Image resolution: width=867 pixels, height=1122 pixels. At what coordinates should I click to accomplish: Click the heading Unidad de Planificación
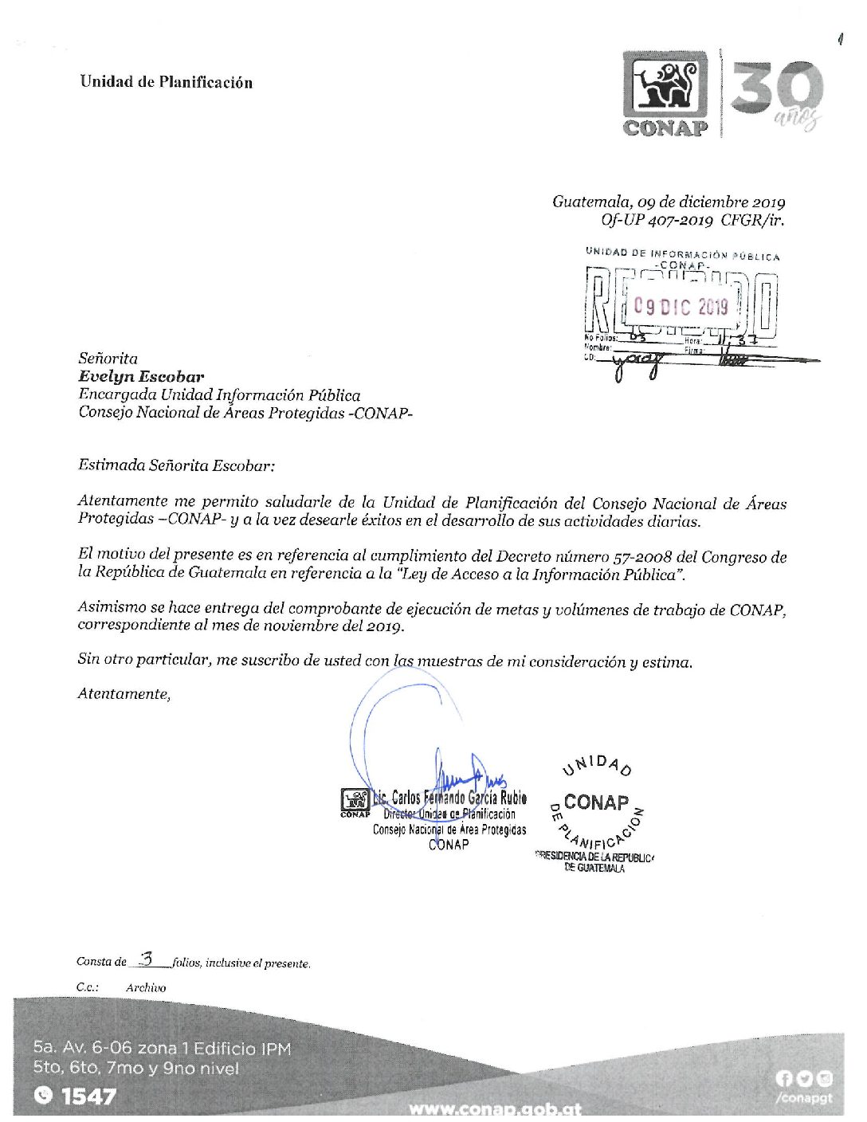click(x=166, y=82)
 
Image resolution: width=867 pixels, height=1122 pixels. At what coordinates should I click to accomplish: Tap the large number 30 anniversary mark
click(x=776, y=89)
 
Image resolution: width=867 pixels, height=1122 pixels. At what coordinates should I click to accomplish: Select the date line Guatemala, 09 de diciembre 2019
click(x=669, y=202)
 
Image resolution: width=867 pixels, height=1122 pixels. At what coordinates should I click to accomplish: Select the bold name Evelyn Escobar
click(x=141, y=377)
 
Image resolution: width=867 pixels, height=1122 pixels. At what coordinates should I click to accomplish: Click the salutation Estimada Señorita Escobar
click(x=176, y=465)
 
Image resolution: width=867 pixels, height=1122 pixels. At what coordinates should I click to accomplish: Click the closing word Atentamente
click(x=124, y=694)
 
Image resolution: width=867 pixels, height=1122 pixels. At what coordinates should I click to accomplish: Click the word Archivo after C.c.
click(x=146, y=987)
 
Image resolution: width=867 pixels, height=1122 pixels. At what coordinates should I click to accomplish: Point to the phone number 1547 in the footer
click(x=88, y=1096)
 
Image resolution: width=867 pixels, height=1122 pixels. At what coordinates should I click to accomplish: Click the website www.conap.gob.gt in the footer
click(x=495, y=1108)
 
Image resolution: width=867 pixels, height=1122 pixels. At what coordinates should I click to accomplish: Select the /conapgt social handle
click(x=802, y=1098)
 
